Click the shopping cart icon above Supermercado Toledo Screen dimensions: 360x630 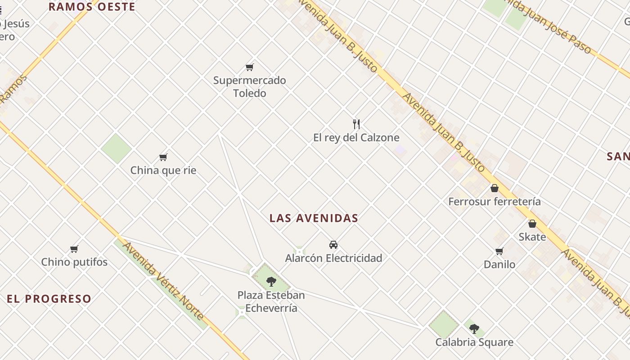tap(250, 67)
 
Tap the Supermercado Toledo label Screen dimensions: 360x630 tap(249, 87)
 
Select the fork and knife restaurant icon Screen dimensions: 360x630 tap(356, 124)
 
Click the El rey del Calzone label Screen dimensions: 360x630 tap(356, 137)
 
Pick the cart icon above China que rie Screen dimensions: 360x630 tap(163, 157)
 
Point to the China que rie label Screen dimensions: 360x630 tap(163, 171)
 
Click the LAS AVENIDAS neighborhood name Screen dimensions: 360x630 tap(314, 218)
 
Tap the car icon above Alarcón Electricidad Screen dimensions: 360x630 tap(333, 245)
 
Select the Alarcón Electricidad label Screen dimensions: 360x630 tap(333, 258)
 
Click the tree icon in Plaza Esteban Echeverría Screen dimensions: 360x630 tap(271, 282)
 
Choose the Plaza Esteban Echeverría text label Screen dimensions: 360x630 tap(271, 301)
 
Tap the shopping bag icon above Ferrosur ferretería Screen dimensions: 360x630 tap(495, 188)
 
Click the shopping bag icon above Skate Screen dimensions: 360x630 tap(532, 224)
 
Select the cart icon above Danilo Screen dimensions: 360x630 tap(499, 251)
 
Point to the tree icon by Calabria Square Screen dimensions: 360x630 tap(474, 328)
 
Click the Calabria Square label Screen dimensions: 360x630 tap(474, 342)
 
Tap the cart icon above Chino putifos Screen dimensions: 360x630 tap(74, 249)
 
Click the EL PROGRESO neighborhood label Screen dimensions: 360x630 tap(49, 299)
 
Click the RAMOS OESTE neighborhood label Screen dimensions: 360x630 tap(92, 7)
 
